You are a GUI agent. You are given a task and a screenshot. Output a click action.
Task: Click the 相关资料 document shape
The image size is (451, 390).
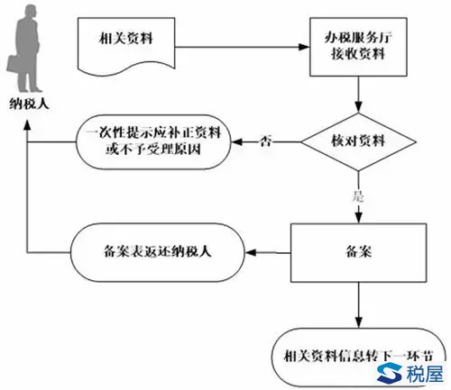click(126, 45)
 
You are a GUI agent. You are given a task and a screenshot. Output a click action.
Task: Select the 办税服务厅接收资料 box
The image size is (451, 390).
click(358, 47)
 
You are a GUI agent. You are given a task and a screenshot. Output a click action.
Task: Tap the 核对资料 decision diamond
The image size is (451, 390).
click(358, 141)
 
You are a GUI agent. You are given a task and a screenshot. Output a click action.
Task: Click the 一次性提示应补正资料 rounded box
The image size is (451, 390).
click(153, 142)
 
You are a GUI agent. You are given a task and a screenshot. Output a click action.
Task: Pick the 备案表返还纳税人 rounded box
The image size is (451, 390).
click(158, 252)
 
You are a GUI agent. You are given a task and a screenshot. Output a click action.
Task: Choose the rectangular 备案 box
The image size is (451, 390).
click(358, 253)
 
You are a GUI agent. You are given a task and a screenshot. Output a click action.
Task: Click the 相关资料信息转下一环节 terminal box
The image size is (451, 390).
click(358, 358)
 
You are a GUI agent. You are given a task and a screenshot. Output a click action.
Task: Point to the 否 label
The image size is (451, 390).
click(266, 141)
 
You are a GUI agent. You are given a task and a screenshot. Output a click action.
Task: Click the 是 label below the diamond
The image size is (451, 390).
click(358, 196)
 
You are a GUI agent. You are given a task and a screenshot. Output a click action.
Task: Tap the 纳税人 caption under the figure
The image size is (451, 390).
click(29, 104)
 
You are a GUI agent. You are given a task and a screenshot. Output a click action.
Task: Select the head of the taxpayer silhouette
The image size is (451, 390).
click(31, 11)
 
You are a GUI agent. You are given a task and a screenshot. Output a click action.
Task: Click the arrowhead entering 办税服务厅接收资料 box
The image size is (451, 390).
click(304, 47)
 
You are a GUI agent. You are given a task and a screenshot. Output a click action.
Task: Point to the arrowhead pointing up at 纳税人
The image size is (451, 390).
click(27, 124)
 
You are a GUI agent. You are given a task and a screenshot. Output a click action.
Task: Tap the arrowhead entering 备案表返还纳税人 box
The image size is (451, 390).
click(251, 252)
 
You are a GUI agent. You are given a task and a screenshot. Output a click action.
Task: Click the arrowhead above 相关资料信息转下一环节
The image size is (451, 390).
click(358, 322)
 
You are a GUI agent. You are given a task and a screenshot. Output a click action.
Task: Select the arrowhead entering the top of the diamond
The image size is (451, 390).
click(358, 107)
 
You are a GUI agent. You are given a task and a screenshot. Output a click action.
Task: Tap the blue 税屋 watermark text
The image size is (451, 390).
click(425, 374)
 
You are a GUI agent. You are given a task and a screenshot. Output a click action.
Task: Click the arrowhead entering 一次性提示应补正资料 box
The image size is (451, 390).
click(236, 141)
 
